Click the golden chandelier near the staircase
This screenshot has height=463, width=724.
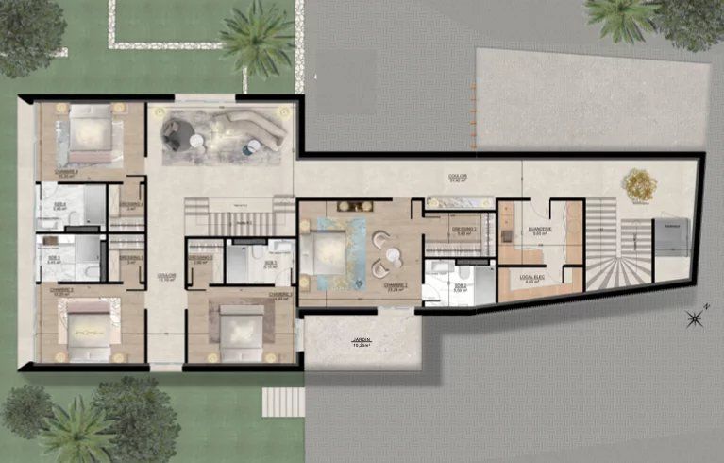click(x=640, y=183)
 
